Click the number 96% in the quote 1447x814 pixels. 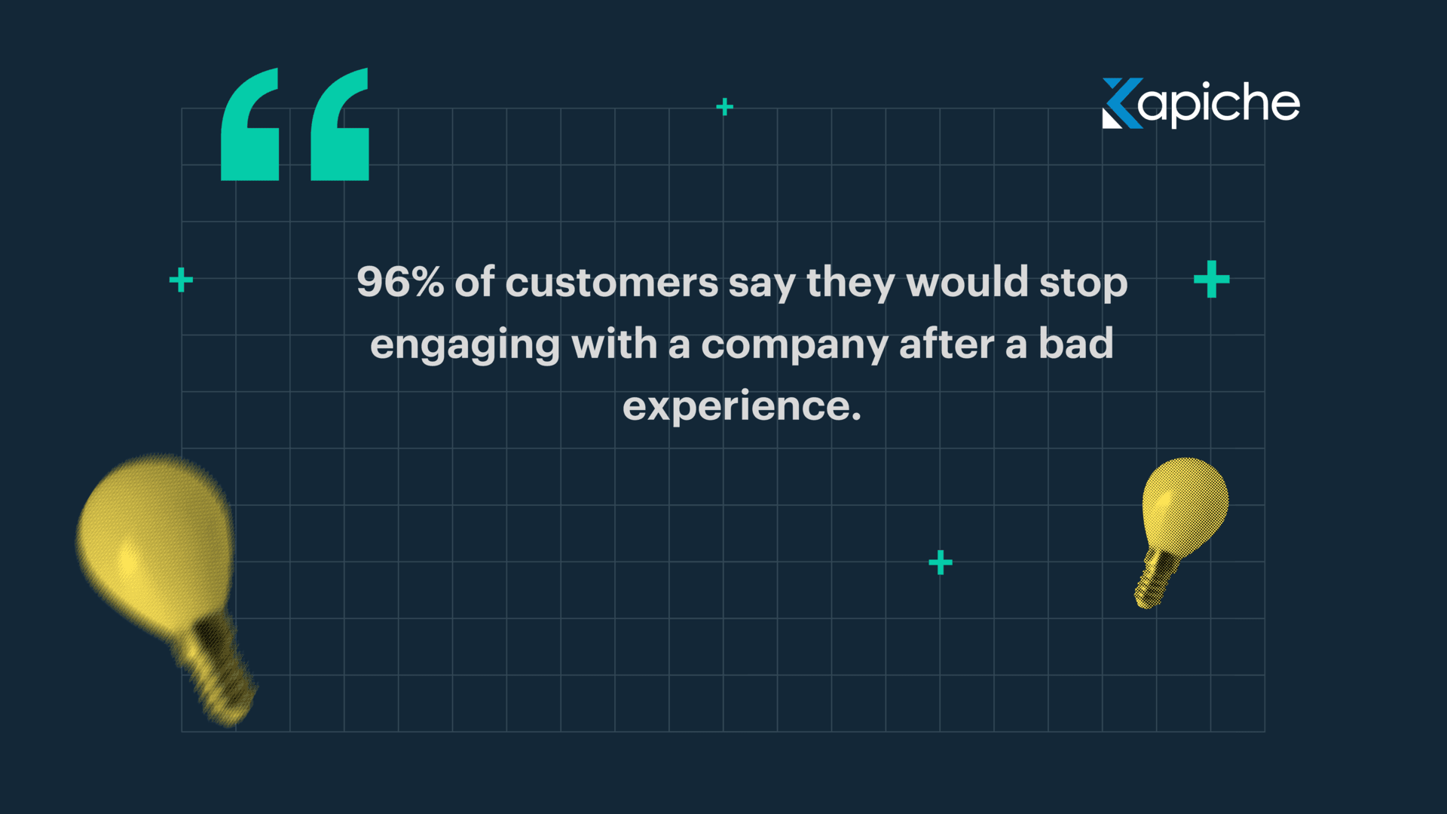tap(399, 283)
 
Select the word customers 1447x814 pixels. tap(611, 283)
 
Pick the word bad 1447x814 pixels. tap(1075, 344)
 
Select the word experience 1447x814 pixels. tap(742, 407)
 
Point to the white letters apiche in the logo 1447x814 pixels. tap(1219, 103)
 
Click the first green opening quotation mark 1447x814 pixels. tap(250, 125)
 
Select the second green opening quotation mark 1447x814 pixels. tap(340, 125)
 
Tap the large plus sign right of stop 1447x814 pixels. tap(1211, 280)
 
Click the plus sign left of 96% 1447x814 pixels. tap(181, 280)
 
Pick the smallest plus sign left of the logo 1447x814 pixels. tap(724, 107)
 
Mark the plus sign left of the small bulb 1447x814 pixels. tap(940, 562)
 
